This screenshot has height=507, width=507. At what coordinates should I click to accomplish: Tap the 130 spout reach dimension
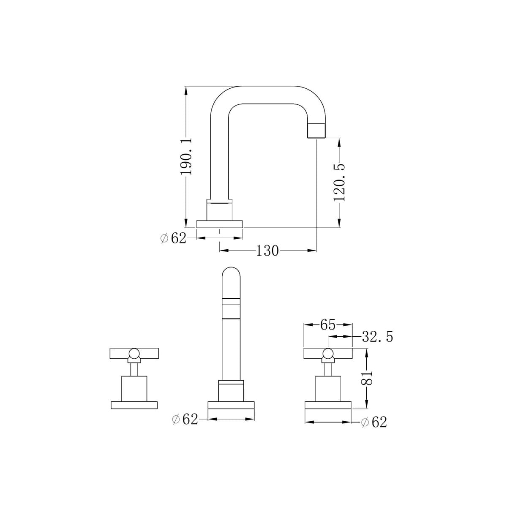click(x=267, y=251)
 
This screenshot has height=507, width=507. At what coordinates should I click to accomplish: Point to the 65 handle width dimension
click(x=327, y=325)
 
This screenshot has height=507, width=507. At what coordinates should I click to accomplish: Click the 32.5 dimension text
click(x=377, y=337)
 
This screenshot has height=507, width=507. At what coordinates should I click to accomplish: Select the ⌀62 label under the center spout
click(x=185, y=419)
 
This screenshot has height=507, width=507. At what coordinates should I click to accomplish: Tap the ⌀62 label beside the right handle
click(x=374, y=422)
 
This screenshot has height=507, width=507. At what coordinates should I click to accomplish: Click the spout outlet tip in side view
click(x=316, y=131)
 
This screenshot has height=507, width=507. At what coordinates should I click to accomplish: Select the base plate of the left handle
click(x=134, y=405)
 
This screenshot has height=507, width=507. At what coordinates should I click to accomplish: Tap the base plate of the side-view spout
click(x=220, y=224)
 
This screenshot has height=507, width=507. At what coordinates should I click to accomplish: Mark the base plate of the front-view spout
click(x=231, y=406)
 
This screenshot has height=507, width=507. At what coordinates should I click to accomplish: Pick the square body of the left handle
click(x=134, y=388)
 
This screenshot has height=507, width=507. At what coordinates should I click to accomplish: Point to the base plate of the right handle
click(x=328, y=405)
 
